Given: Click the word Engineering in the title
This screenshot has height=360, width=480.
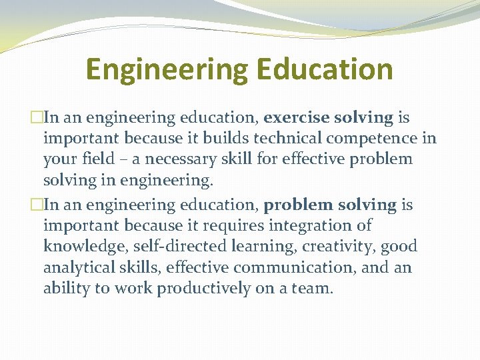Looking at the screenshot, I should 167,70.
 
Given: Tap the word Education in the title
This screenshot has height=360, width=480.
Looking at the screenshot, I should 325,70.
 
